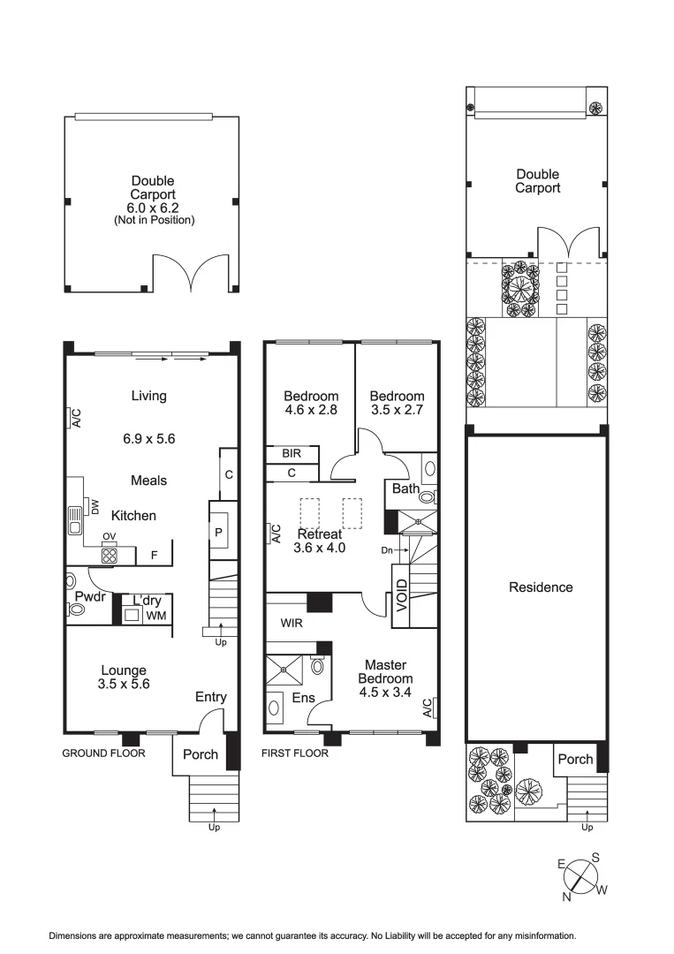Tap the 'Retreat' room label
point(320,534)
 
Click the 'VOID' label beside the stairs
point(402,595)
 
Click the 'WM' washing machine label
point(155,615)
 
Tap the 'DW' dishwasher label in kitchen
point(94,505)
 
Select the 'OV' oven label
point(110,536)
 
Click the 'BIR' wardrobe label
point(292,453)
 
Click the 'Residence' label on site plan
point(541,587)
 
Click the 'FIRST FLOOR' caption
point(295,753)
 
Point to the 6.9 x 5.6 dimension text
point(148,437)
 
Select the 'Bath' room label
point(405,488)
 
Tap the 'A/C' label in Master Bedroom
point(428,708)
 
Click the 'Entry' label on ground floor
point(211,697)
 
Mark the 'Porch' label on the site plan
point(575,759)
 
